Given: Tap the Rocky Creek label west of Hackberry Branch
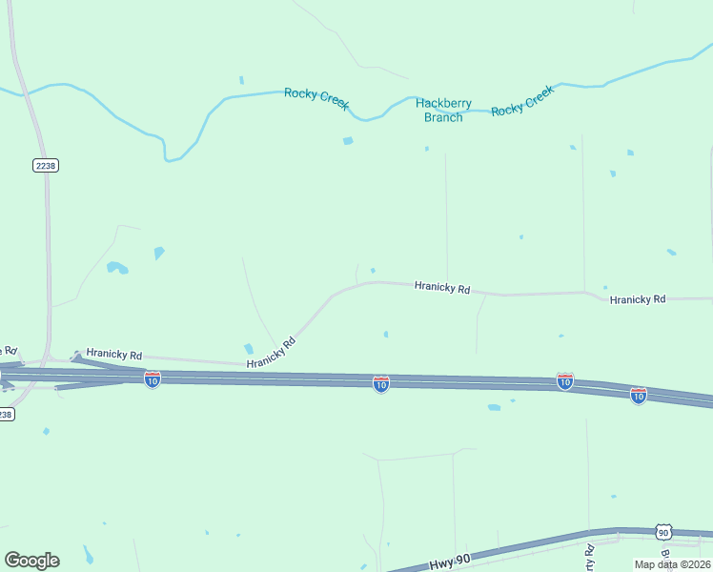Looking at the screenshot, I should click(316, 98).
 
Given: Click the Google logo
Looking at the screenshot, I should click(31, 560).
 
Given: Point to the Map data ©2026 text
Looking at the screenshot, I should click(672, 563).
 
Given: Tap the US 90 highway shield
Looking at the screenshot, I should click(663, 533).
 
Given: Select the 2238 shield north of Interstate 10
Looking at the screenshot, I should click(45, 165).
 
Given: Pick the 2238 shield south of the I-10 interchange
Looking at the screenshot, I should click(5, 414).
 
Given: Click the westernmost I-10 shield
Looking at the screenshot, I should click(153, 379).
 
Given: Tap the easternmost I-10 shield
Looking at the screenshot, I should click(639, 395).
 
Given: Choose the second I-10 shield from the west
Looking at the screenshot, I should click(380, 384).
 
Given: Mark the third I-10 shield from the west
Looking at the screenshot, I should click(565, 381).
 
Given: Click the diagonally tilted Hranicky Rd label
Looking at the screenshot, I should click(272, 353).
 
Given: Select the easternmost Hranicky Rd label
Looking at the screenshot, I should click(637, 299).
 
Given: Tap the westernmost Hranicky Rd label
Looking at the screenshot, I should click(113, 354).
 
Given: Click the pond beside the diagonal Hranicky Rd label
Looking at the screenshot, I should click(249, 349).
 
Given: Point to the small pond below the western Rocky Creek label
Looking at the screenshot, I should click(348, 141).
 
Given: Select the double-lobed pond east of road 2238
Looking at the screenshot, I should click(117, 268).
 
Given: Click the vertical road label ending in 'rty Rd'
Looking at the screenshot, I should click(590, 558).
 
